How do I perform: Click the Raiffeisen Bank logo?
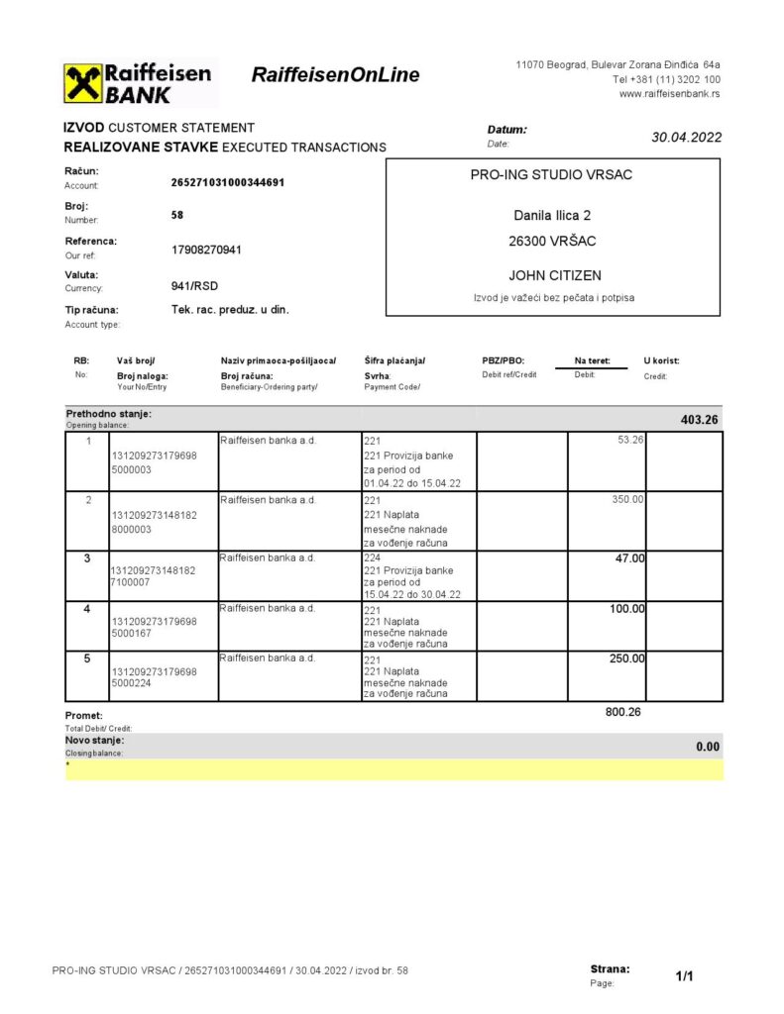139,83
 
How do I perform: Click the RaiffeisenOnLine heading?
335,75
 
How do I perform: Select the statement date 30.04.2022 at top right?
686,138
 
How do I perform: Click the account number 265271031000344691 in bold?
228,182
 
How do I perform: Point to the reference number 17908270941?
206,250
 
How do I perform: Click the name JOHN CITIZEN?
554,275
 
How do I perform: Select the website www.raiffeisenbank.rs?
669,94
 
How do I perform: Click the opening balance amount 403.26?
700,420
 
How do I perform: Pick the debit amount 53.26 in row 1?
630,440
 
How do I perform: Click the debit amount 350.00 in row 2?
628,499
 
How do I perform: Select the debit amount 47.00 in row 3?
629,558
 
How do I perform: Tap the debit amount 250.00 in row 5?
626,659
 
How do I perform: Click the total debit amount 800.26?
623,711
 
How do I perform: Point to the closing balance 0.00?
708,747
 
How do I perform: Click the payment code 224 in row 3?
373,558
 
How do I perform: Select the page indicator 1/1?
684,976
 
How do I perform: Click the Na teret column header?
591,361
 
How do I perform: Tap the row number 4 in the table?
88,609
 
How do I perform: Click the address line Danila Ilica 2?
553,215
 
